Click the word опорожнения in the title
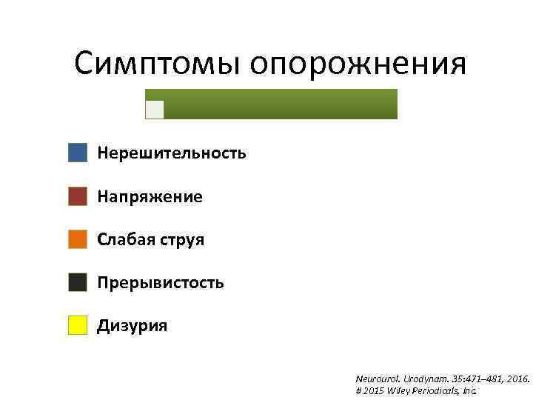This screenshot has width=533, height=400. click(x=358, y=65)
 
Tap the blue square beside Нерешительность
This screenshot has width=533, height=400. click(x=78, y=153)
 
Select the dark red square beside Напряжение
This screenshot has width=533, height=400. click(x=78, y=196)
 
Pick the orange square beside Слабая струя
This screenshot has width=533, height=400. click(x=78, y=239)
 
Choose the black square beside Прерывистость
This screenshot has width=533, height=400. click(x=78, y=282)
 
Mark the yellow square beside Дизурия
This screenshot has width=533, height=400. click(x=78, y=325)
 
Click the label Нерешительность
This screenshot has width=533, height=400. click(x=172, y=153)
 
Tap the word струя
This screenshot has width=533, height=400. click(x=181, y=241)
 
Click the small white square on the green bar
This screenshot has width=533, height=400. click(x=155, y=110)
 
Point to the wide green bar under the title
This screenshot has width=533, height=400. click(x=281, y=104)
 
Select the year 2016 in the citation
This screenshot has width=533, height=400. click(x=516, y=379)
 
